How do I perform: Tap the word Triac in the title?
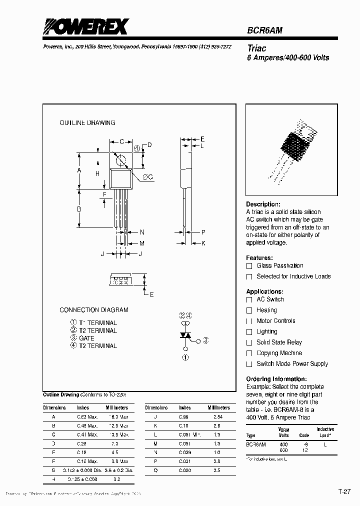257,48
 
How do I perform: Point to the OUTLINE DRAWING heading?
87,122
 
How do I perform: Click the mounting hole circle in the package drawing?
120,160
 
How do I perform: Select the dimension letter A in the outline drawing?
79,170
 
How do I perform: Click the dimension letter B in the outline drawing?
79,209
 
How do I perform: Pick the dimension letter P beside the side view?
203,232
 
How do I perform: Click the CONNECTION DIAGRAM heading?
94,310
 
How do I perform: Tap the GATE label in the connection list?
86,338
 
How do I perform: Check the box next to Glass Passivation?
249,266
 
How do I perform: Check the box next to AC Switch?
249,299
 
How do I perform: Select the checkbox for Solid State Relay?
249,342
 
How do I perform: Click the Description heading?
263,204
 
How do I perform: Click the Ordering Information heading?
276,379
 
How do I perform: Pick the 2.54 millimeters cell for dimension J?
217,416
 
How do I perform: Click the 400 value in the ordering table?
283,444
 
